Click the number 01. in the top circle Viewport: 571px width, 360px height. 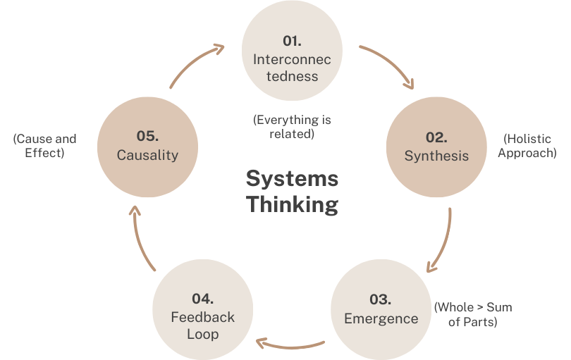click(x=292, y=41)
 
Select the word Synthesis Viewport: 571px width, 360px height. click(x=436, y=156)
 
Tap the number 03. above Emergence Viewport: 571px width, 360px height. click(x=381, y=299)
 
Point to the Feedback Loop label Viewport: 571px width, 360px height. click(x=202, y=326)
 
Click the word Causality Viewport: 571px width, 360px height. click(x=148, y=155)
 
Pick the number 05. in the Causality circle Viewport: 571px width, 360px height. click(x=148, y=135)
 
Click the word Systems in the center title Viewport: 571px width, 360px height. click(x=292, y=178)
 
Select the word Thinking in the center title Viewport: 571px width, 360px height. click(x=292, y=204)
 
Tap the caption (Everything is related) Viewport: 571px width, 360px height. click(x=292, y=127)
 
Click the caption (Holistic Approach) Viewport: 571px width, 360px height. click(x=527, y=146)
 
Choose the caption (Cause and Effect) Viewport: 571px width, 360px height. click(x=44, y=146)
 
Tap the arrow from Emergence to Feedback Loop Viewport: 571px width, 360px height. click(x=289, y=345)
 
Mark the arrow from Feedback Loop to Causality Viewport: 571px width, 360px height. click(x=140, y=236)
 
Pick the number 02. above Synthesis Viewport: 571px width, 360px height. click(x=436, y=137)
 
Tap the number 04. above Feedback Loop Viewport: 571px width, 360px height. click(x=202, y=299)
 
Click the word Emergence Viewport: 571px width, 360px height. click(x=381, y=318)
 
